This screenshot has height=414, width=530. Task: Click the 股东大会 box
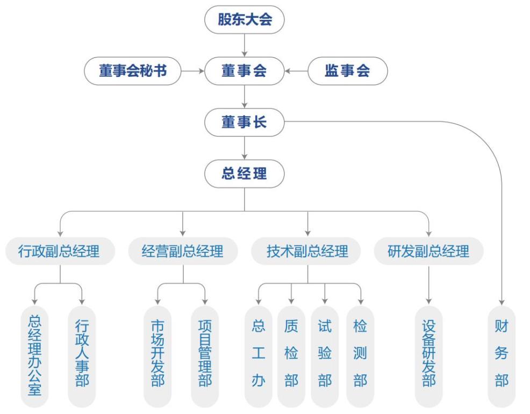[244, 20]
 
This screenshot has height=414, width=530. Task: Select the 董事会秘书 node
[132, 71]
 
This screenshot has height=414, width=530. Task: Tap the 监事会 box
[347, 71]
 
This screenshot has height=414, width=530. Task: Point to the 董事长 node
[244, 122]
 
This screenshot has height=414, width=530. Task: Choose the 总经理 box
[244, 173]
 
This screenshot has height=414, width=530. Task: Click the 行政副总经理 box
[60, 251]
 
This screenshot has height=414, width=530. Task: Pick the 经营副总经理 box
[183, 251]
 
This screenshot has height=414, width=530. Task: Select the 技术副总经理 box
[307, 251]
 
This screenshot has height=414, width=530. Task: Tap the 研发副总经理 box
[428, 251]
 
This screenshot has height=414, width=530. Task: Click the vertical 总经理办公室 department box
[34, 356]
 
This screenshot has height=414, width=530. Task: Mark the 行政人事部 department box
[82, 356]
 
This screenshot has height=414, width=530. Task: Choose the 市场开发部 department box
[157, 356]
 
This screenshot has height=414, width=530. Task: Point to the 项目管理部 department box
[205, 356]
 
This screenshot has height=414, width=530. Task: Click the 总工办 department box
[259, 356]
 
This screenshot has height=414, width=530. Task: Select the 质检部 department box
[291, 356]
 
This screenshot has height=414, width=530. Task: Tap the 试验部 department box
[325, 356]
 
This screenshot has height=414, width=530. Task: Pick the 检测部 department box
[360, 356]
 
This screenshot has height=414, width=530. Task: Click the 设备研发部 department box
[428, 356]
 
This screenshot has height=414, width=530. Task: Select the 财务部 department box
[502, 356]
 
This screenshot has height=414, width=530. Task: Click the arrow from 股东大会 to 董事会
[245, 45]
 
